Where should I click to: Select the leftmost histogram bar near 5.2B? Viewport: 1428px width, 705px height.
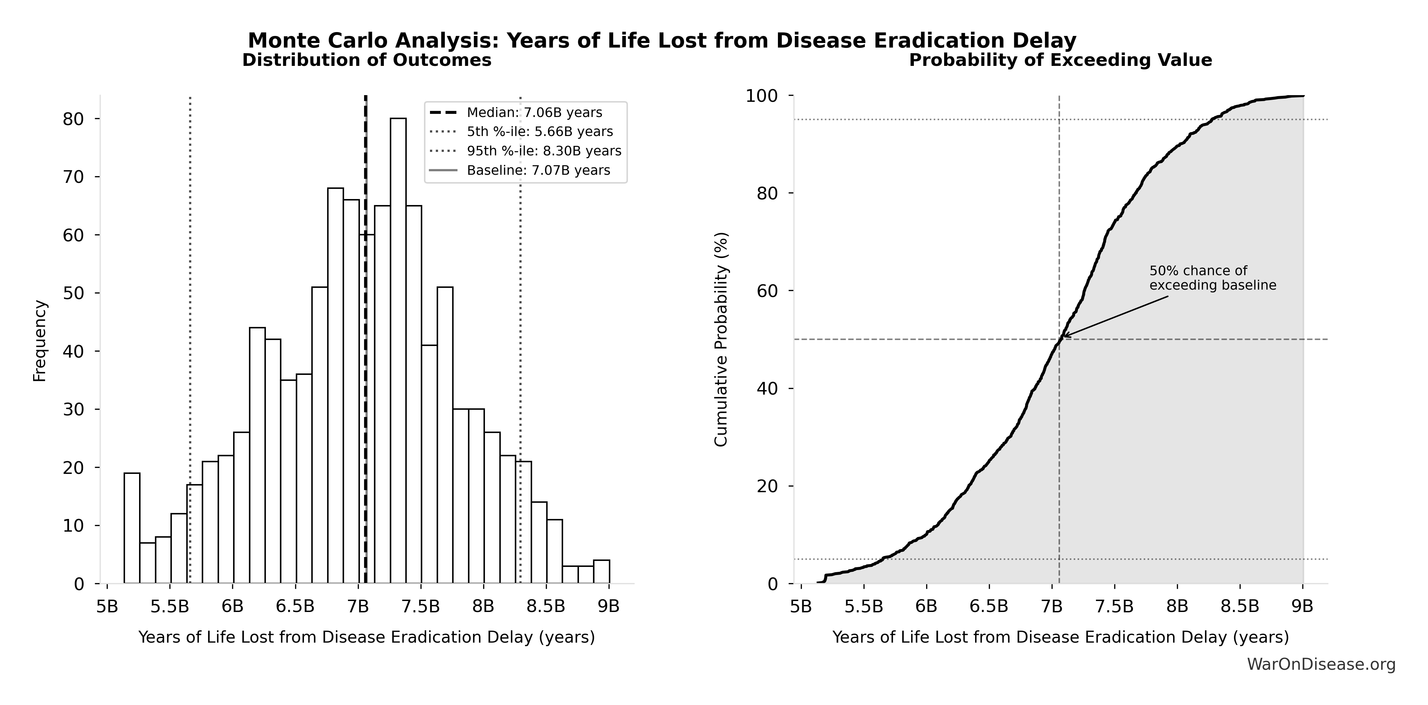(132, 527)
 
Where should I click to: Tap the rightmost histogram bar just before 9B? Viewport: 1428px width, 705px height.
(601, 571)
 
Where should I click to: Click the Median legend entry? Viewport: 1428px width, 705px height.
(534, 113)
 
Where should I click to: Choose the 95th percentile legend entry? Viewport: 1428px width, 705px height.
(543, 151)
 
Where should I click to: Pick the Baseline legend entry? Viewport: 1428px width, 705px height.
(538, 170)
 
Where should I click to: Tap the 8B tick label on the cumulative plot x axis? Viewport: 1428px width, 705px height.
(1177, 606)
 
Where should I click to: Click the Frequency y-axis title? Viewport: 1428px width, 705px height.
(40, 341)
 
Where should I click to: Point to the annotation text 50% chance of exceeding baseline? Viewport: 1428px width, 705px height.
(1212, 278)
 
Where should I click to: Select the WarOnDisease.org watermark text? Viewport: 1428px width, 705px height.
(1321, 664)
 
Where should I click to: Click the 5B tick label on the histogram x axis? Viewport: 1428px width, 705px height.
(107, 606)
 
